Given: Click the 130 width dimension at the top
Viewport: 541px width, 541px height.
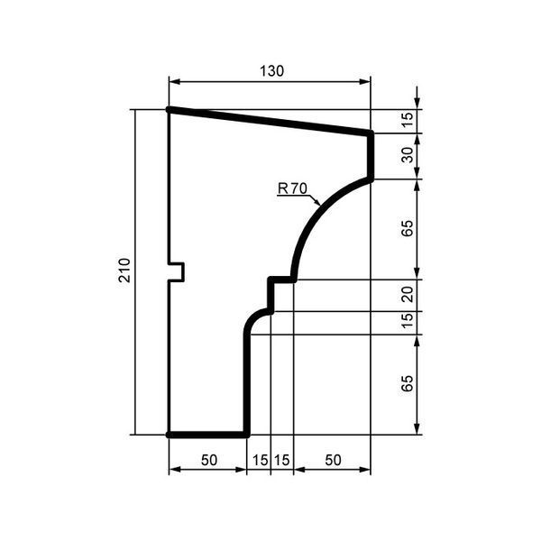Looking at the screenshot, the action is pos(271,71).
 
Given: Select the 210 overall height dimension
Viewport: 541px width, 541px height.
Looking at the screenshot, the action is pos(124,270).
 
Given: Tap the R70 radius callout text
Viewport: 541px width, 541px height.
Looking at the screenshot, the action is pos(292,188).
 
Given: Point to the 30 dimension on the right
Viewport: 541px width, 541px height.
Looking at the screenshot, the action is pos(408,155).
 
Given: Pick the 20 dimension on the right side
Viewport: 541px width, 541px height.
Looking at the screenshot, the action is pos(408,295).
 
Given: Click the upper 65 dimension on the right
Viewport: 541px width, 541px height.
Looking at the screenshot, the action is pos(408,228).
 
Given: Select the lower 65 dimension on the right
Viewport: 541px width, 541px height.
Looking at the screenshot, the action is pos(408,383).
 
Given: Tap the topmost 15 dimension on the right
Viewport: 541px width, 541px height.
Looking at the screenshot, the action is pos(408,121).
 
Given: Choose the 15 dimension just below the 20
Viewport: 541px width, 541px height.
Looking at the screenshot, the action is pos(408,320).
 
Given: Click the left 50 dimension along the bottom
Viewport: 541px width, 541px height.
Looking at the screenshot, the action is pos(209,460).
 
